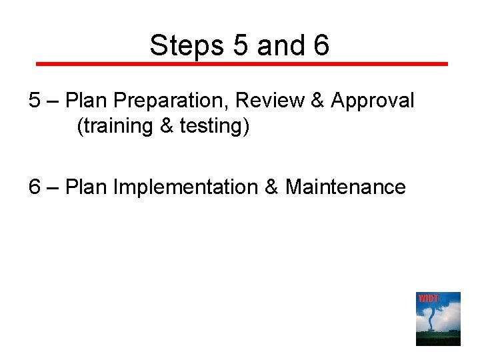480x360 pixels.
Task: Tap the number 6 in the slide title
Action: click(x=320, y=45)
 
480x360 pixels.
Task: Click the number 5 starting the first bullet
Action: click(x=35, y=101)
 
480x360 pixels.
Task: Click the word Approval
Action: click(x=373, y=101)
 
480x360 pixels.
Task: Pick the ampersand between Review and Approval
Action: click(x=317, y=101)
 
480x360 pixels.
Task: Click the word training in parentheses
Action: click(x=117, y=125)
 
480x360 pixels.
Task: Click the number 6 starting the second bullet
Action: click(x=35, y=187)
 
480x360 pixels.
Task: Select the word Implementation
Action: click(x=186, y=187)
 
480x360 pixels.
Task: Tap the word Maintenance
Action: click(x=345, y=187)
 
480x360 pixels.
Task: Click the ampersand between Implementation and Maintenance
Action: click(x=271, y=187)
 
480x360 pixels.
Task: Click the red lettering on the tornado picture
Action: click(x=428, y=298)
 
